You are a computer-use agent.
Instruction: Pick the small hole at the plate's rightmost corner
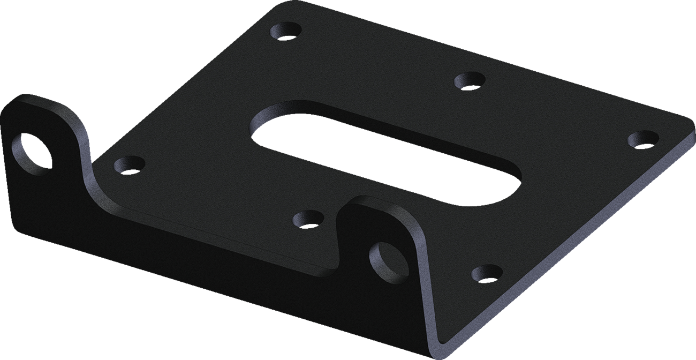642,139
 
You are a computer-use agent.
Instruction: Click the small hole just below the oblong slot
309,219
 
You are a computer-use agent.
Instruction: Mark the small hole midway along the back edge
470,81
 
